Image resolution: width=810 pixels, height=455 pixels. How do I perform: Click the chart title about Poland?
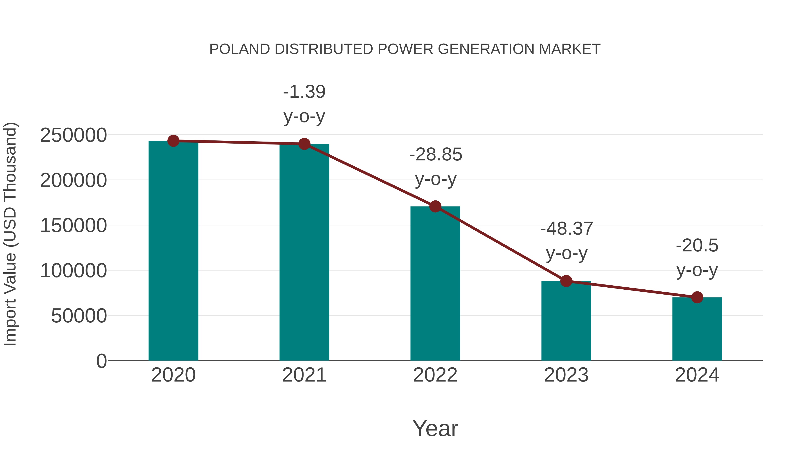[405, 49]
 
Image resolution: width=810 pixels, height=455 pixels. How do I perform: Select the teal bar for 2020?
[173, 251]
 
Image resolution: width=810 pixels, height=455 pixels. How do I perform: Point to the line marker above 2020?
[173, 141]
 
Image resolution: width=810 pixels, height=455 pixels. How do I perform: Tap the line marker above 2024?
[697, 297]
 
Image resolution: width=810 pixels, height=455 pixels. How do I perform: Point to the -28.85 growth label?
[436, 155]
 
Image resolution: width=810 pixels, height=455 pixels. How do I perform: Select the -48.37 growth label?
[566, 229]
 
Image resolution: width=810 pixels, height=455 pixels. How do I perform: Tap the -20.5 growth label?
[697, 246]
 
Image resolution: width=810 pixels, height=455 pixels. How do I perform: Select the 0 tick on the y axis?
[101, 361]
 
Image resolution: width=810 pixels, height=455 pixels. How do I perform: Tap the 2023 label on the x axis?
[566, 375]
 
